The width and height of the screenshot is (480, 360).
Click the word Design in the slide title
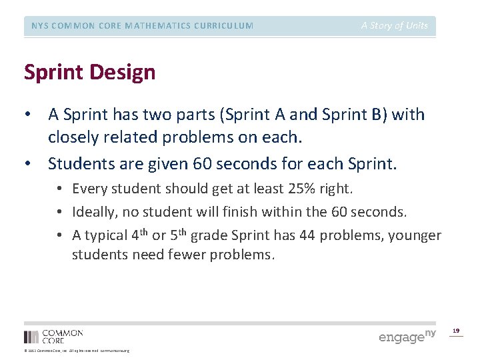[125, 72]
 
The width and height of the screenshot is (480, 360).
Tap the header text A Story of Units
[395, 26]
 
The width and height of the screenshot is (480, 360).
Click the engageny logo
[407, 336]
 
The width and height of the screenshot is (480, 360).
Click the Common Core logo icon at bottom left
[31, 337]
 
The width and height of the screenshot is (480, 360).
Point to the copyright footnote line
[77, 351]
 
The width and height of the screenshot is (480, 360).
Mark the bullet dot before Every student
[64, 189]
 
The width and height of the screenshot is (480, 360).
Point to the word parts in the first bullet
[181, 114]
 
